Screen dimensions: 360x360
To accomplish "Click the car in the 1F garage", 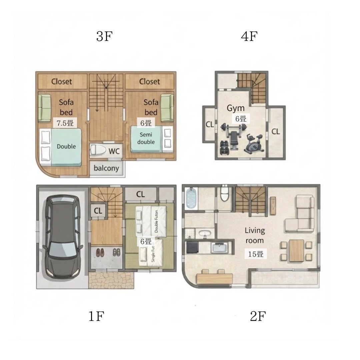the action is click(63, 237).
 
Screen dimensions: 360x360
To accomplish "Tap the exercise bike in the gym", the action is click(254, 144).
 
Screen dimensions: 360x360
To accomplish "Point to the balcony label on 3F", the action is click(106, 168).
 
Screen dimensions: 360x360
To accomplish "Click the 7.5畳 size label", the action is click(65, 123).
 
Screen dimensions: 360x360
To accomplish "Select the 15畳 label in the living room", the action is click(256, 254).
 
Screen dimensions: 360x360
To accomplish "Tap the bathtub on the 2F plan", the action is click(192, 198).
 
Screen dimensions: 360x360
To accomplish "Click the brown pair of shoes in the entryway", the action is click(100, 252).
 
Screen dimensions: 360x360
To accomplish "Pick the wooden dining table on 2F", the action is click(296, 250).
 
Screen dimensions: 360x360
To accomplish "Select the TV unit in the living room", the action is click(273, 206).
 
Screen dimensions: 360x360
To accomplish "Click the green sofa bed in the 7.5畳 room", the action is click(45, 108).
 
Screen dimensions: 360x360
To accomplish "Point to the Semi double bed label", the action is click(146, 138).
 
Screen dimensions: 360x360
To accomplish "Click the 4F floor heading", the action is click(249, 36).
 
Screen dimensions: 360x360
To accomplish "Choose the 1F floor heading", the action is click(96, 316).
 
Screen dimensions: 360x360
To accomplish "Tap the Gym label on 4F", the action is click(236, 108).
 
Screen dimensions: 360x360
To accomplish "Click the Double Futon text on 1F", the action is click(156, 221).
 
